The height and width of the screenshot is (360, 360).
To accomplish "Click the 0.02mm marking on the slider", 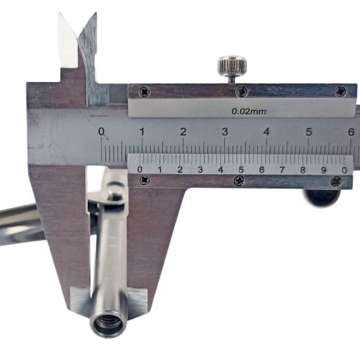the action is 248,112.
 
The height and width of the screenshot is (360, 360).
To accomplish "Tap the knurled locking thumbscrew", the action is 233,65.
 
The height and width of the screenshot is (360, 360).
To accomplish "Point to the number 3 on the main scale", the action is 225,132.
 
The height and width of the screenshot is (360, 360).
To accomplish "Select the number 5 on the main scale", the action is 309,132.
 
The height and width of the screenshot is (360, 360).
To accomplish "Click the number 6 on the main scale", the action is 351,132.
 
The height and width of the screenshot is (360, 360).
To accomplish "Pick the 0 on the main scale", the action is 102,132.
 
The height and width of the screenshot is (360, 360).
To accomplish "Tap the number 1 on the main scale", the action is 142,132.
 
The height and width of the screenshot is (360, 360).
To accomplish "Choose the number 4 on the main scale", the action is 266,132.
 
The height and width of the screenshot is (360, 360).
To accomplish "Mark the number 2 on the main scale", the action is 184,132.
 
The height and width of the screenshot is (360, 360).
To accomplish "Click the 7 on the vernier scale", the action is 282,170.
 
